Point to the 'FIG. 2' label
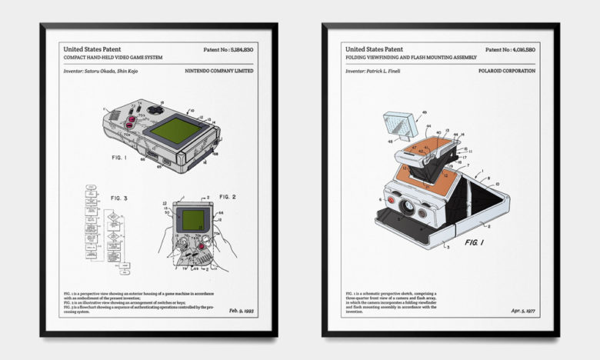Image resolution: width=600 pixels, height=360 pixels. point(226,197)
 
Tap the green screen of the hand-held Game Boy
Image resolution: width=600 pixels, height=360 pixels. point(192,220)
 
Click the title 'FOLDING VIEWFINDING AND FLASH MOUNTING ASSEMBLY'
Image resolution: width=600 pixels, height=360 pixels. point(411,58)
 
